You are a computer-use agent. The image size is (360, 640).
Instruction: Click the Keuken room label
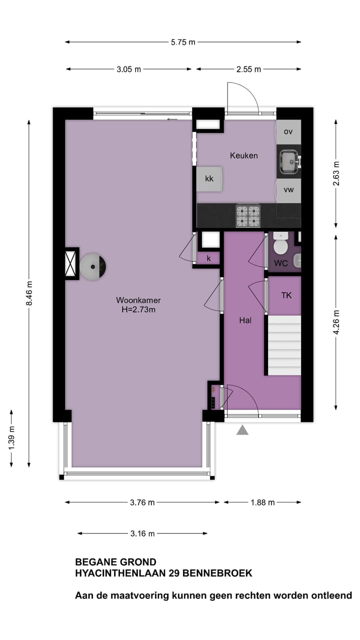pos(243,155)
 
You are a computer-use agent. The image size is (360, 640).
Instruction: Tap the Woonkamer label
pos(138,300)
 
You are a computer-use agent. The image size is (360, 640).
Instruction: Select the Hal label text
pos(245,320)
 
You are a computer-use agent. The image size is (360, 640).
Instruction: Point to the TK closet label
pos(286,295)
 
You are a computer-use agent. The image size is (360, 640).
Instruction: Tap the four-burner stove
pos(248,216)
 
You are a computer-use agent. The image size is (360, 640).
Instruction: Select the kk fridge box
pos(209,179)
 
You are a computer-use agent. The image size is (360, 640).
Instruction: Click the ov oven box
pos(288,132)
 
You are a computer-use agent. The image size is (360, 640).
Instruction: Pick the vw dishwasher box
pos(288,190)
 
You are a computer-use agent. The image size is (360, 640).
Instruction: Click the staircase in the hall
pos(284,345)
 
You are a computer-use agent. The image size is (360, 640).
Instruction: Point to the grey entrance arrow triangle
pos(242,429)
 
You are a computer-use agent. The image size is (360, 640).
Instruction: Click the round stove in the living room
pos(93,266)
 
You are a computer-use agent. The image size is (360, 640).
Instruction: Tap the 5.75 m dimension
pos(183,42)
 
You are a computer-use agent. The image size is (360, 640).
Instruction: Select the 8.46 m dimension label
pos(29,293)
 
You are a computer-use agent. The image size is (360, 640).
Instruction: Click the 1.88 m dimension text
pos(262,502)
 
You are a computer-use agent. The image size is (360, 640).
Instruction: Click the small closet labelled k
pos(209,258)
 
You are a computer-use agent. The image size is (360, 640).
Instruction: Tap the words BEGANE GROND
pos(115,562)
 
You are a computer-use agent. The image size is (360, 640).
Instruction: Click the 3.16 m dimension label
pos(142,533)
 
